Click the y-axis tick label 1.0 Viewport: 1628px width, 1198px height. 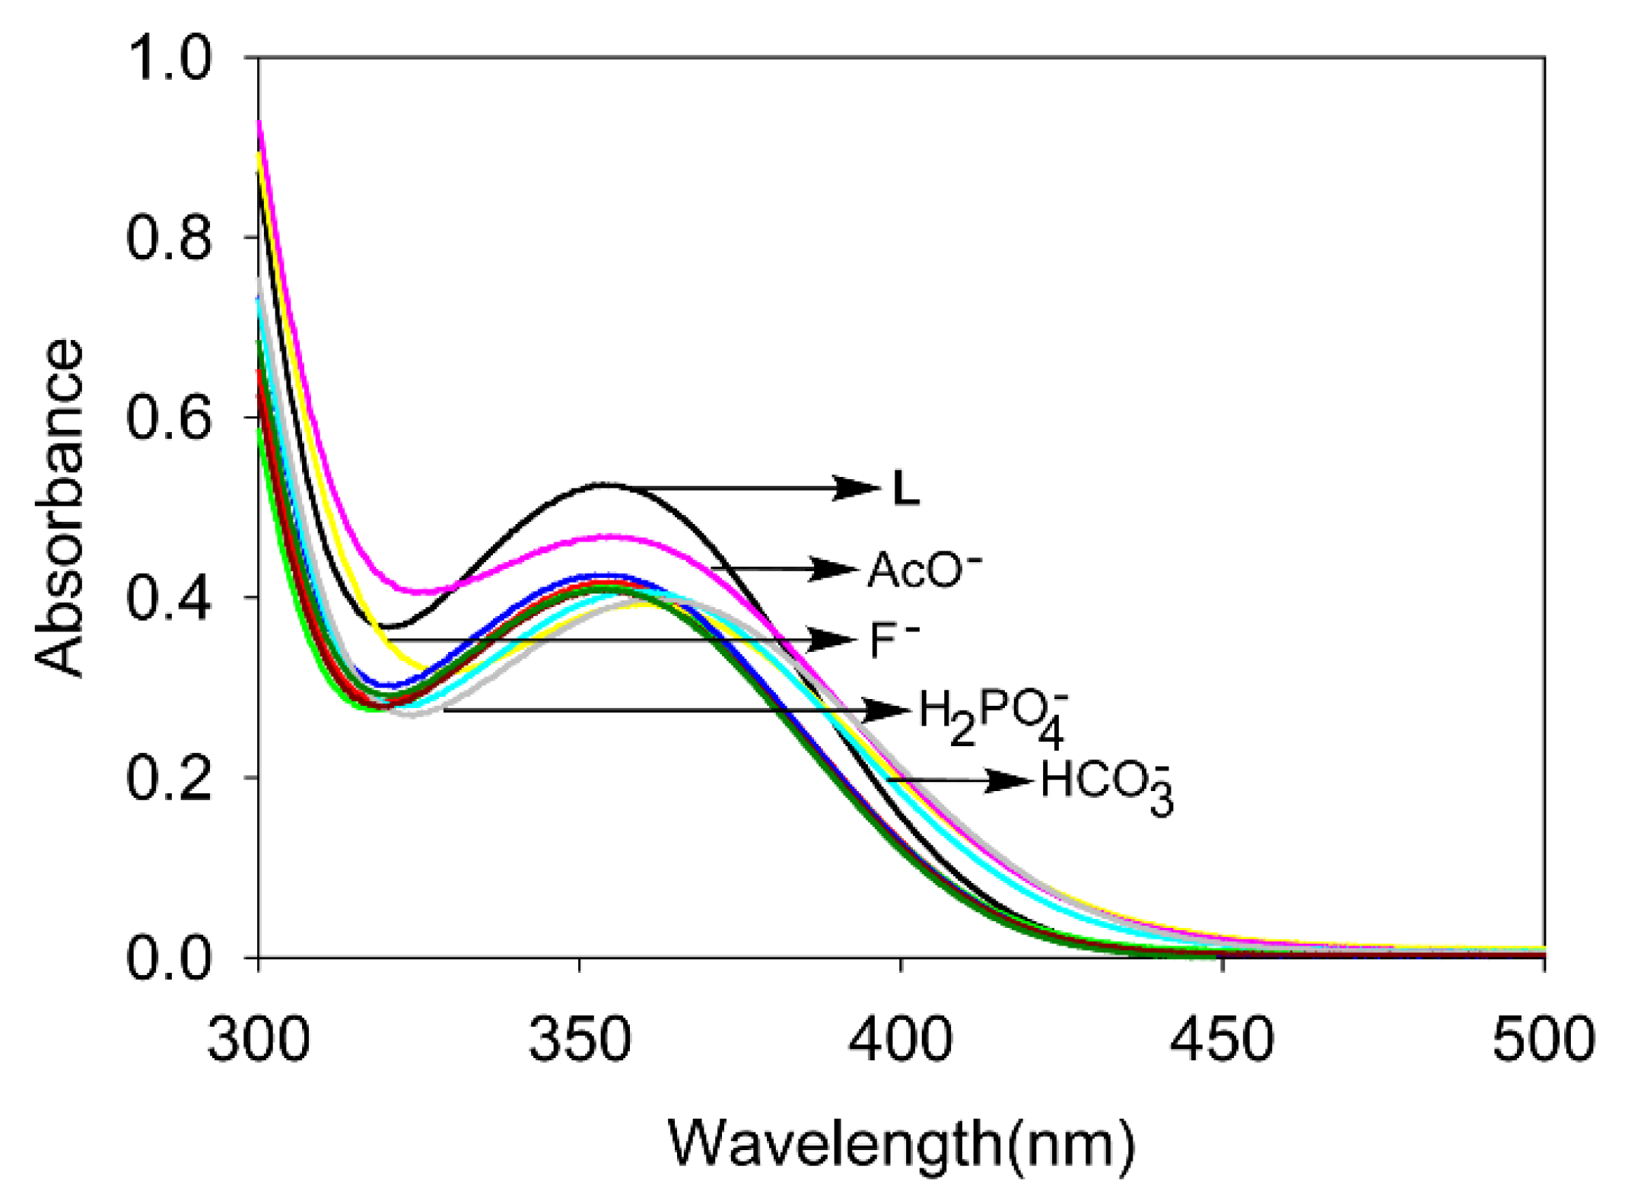pos(168,59)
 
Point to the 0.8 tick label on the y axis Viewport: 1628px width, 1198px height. pos(168,238)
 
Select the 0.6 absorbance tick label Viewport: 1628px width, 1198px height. pos(168,418)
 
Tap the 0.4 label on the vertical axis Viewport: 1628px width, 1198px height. pos(168,598)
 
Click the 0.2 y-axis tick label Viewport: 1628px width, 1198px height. pos(168,778)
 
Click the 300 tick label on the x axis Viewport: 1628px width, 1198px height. pos(259,1040)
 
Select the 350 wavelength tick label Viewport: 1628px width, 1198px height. pos(580,1040)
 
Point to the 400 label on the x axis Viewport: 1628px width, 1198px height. pos(901,1040)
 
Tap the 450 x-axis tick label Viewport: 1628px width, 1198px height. pos(1223,1040)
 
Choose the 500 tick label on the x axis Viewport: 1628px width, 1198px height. pos(1543,1040)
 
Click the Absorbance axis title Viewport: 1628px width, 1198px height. pos(59,507)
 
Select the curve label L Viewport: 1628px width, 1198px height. pos(905,489)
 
